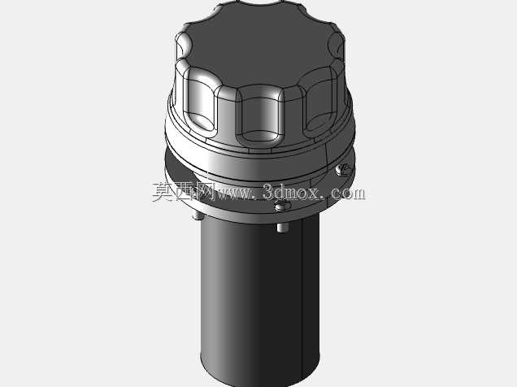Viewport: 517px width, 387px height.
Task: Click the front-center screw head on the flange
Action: [283, 205]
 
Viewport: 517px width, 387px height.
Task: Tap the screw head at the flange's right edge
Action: [343, 169]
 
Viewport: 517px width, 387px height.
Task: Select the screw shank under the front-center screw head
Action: [281, 228]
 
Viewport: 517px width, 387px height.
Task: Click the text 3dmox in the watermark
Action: [292, 192]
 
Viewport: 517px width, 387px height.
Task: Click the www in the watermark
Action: [233, 193]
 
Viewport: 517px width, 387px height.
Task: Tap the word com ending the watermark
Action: [348, 193]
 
